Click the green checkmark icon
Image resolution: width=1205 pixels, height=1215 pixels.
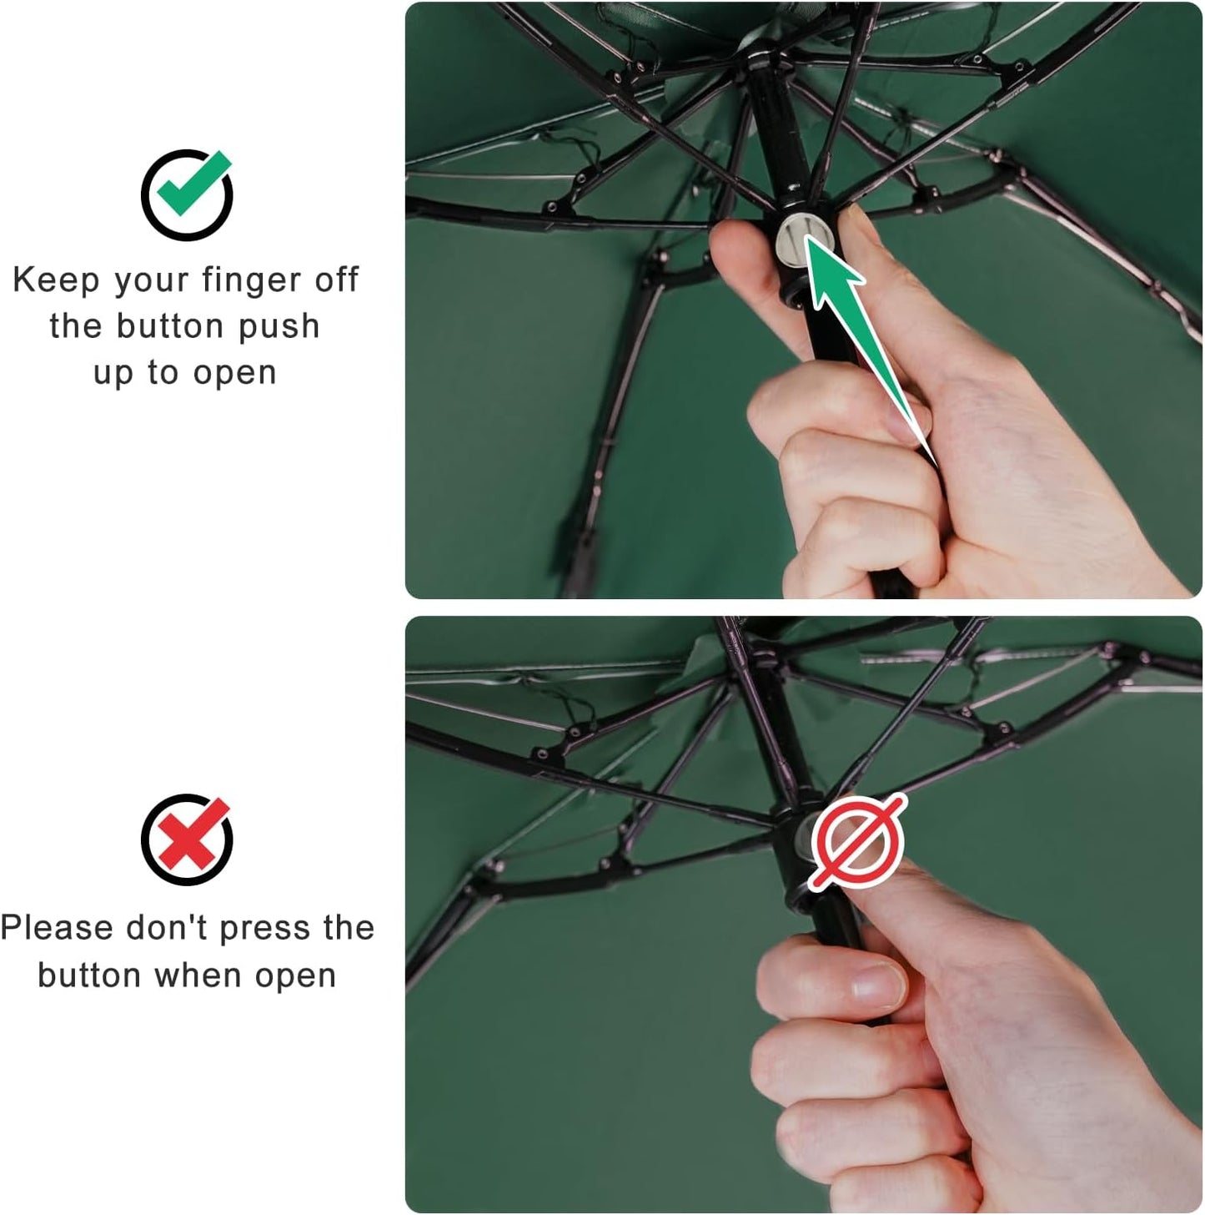(188, 194)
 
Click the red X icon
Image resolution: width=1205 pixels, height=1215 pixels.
(187, 839)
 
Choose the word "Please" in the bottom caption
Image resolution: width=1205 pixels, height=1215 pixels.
(57, 928)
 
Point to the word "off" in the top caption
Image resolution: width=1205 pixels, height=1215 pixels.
(336, 280)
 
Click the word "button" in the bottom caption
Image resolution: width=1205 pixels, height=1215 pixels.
(89, 975)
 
